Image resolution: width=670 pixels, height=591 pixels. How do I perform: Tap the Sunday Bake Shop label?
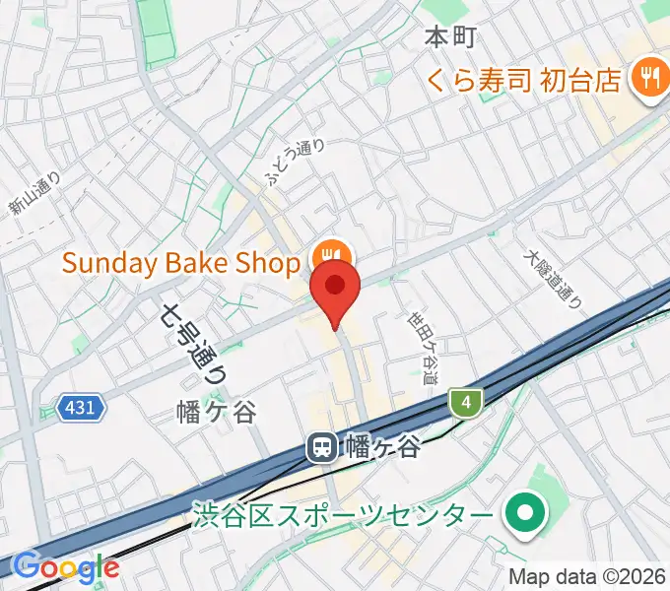click(x=180, y=263)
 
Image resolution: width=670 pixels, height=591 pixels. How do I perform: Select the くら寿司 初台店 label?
click(x=524, y=79)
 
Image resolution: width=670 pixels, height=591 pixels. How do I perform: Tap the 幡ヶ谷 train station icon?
click(x=321, y=448)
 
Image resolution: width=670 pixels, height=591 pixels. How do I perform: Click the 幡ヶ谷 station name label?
click(x=383, y=448)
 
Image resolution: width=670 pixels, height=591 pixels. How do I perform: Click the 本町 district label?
click(x=450, y=38)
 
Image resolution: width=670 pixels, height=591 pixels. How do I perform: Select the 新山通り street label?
click(x=34, y=193)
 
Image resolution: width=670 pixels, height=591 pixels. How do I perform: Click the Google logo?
click(x=66, y=567)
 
